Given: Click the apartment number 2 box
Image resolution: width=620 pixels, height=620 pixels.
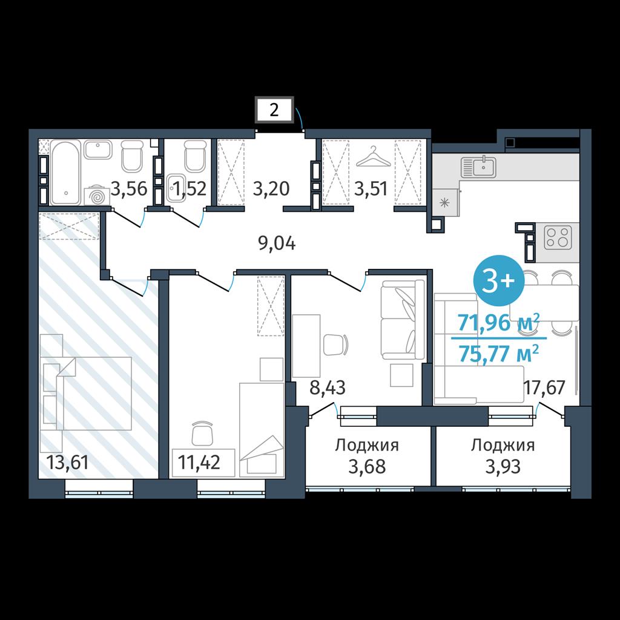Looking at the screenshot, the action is point(274,109).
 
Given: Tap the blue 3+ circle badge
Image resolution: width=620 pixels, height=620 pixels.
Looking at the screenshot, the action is point(499,280).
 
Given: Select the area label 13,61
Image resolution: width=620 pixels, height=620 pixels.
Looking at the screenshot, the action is point(67,461).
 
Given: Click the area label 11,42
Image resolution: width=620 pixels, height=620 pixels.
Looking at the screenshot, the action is point(199,461).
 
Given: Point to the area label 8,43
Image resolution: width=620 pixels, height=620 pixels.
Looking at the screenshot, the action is point(328,388).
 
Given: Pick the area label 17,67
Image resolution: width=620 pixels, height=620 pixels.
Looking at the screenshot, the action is point(544,387).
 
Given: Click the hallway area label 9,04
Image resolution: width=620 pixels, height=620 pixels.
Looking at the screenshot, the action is point(277,243).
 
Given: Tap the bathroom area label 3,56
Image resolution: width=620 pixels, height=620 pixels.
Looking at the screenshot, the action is point(129,188).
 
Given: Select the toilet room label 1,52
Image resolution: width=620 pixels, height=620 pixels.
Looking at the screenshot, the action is point(190,189).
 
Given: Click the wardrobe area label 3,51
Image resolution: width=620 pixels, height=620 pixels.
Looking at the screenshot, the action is point(371,189).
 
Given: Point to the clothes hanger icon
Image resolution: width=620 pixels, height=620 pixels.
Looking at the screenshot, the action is point(373,157).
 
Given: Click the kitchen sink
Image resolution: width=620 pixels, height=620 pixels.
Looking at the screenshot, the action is point(479,167).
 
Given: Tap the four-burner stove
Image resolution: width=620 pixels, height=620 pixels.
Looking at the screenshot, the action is point(558,237).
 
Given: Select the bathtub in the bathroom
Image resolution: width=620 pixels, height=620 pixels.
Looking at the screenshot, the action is point(65,173).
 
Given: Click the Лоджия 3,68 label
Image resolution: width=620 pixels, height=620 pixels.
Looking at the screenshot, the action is point(367,456).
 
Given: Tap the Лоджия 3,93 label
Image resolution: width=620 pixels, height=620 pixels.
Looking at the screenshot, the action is point(503,456).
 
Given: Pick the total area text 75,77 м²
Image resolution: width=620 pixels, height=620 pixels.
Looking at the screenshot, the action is point(499,353).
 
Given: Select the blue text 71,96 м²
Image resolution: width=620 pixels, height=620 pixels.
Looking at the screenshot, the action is point(499,322).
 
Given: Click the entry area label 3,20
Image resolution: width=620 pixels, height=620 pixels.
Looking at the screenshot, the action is point(271,189).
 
